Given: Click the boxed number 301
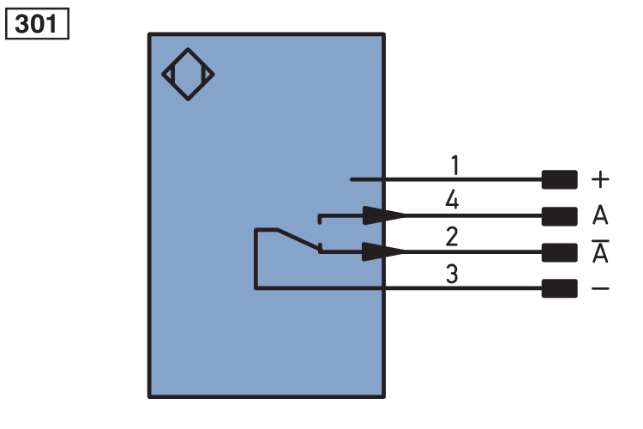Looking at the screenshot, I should (37, 24).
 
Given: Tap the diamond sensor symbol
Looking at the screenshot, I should (188, 74).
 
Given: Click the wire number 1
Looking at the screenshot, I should (454, 164).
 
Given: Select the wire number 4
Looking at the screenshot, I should (452, 201).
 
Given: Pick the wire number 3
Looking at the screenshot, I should (452, 275).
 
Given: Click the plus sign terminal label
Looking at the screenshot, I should (601, 179).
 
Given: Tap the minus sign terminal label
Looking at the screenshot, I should (601, 288).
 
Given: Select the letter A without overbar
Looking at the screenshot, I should (600, 215).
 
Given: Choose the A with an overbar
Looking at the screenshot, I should (600, 252).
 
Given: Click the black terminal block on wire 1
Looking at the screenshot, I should (559, 179).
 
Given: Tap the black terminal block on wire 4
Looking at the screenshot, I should (559, 215).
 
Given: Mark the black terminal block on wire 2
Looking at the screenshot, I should (559, 252).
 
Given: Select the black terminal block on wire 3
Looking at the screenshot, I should (559, 288).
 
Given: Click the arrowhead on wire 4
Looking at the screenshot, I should (382, 215).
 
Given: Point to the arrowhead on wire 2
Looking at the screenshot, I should (382, 251).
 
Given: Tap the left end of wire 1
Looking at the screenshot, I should (352, 179).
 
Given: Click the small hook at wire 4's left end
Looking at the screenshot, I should (320, 219).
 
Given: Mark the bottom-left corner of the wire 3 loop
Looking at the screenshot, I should (255, 288).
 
